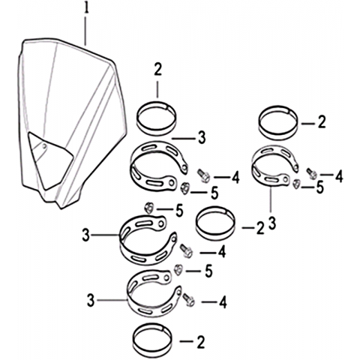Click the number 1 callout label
point(86,9)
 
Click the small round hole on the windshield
point(44,146)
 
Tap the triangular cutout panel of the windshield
point(49,160)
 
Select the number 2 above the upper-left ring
point(157,70)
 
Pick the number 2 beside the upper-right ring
point(321,123)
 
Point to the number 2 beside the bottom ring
point(200,342)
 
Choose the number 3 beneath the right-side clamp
point(272,223)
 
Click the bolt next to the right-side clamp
point(312,173)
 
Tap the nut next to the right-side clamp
point(296,184)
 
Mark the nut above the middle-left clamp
point(148,208)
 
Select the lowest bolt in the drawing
point(188,300)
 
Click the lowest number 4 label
point(223,302)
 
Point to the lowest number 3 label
point(91,301)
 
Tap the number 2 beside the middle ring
point(260,228)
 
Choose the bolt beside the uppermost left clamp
point(204,175)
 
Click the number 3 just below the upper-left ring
point(202,137)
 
